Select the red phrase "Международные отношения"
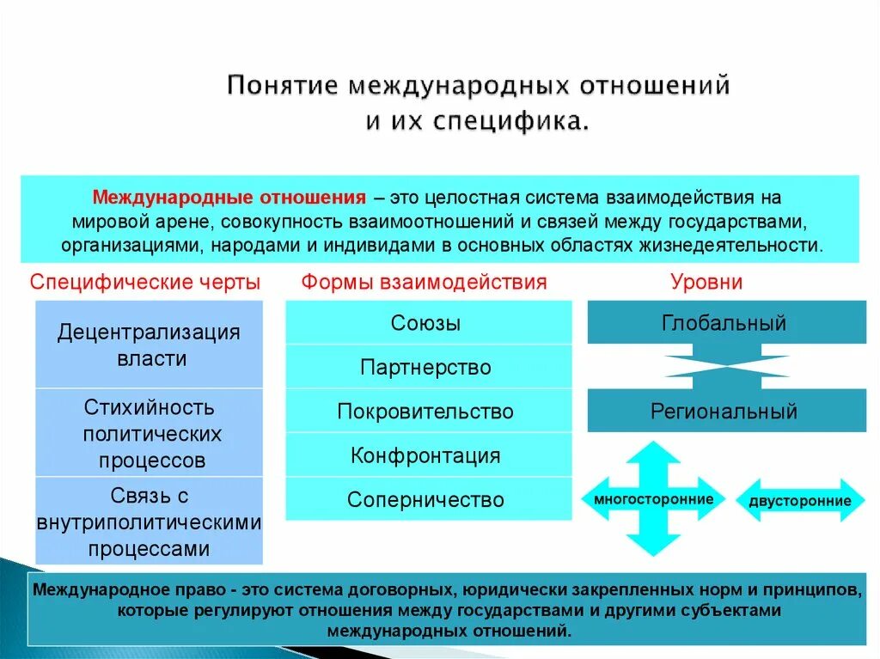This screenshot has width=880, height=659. [x=229, y=198]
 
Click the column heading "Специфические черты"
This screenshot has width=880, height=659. [x=145, y=283]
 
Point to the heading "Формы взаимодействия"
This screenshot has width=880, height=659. [x=424, y=283]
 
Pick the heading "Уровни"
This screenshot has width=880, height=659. [x=706, y=283]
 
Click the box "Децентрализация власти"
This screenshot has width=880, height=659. [x=150, y=345]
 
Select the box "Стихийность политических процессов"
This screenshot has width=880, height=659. [x=150, y=433]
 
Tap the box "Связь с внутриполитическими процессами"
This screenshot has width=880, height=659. [x=150, y=522]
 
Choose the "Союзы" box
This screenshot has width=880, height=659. [x=427, y=323]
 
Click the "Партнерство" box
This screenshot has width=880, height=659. [x=427, y=368]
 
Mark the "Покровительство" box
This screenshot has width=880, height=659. [x=427, y=412]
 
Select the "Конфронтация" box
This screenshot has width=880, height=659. [x=427, y=455]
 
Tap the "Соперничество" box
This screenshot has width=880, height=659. [x=427, y=499]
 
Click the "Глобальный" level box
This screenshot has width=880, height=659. [x=725, y=323]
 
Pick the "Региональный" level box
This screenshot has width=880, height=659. [x=725, y=411]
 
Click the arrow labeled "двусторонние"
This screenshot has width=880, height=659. [x=800, y=501]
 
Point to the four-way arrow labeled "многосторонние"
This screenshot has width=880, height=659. [x=653, y=499]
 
